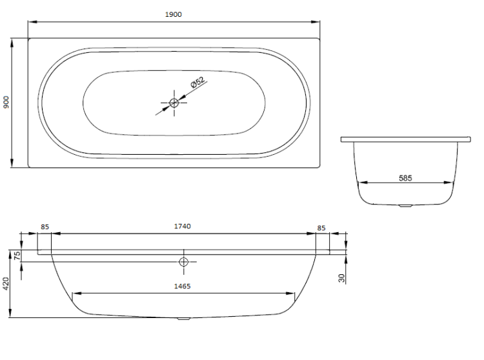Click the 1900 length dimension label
pyautogui.click(x=174, y=14)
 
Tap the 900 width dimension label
pyautogui.click(x=6, y=102)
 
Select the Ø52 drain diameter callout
pyautogui.click(x=197, y=83)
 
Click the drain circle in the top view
pyautogui.click(x=174, y=103)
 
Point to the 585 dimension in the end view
pyautogui.click(x=405, y=178)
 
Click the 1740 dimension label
pyautogui.click(x=183, y=226)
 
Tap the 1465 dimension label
pyautogui.click(x=183, y=286)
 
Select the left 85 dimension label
pyautogui.click(x=45, y=226)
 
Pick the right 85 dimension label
pyautogui.click(x=321, y=228)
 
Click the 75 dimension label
pyautogui.click(x=17, y=255)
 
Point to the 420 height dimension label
pyautogui.click(x=6, y=283)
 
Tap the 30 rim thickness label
pyautogui.click(x=341, y=278)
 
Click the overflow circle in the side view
pyautogui.click(x=184, y=262)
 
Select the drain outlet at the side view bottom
pyautogui.click(x=184, y=319)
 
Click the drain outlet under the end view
pyautogui.click(x=405, y=205)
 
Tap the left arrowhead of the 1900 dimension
pyautogui.click(x=32, y=22)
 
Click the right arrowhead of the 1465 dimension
pyautogui.click(x=290, y=294)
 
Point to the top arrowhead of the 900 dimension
pyautogui.click(x=12, y=43)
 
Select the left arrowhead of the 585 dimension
pyautogui.click(x=363, y=183)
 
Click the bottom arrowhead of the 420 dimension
pyautogui.click(x=10, y=313)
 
